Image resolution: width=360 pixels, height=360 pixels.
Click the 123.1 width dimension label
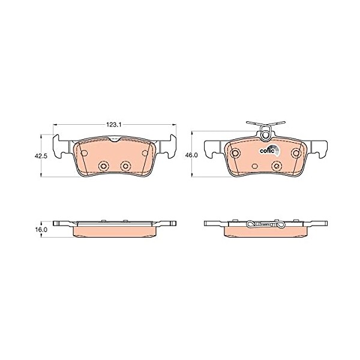pos(113,124)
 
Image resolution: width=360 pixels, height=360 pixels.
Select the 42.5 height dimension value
pos(41,156)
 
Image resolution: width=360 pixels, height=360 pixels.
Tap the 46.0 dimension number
pos(191,155)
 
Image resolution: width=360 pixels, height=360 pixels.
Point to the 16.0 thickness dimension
pos(41,229)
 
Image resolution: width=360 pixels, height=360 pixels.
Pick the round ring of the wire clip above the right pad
pos(266,135)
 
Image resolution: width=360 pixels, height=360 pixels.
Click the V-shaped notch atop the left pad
pos(115,139)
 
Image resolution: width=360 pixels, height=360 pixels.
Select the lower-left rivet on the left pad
pos(104,166)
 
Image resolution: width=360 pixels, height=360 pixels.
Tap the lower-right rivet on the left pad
pos(126,166)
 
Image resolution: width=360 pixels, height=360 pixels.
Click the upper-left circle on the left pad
pos(84,153)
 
